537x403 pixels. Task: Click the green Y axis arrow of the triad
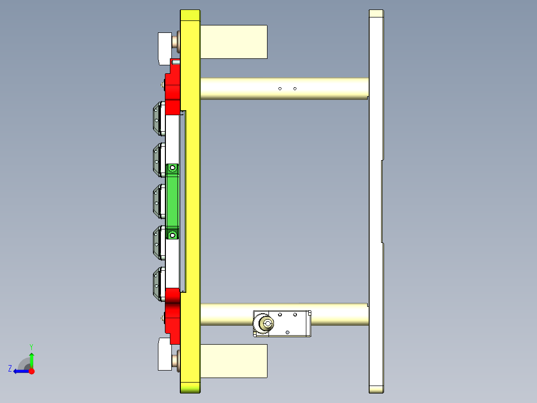click(31, 358)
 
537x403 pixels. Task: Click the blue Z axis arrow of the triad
click(19, 371)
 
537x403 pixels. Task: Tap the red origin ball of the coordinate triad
click(31, 371)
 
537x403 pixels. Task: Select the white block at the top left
click(164, 48)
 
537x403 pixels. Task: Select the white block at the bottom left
click(164, 354)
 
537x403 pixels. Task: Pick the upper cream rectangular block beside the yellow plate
click(233, 41)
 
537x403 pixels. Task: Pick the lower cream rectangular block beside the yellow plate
click(233, 361)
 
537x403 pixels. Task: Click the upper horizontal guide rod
click(324, 89)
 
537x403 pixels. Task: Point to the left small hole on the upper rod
click(280, 89)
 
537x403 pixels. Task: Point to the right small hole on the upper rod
click(295, 89)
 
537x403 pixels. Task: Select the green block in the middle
click(173, 201)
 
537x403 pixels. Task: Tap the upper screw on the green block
click(173, 168)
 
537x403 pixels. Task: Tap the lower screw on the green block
click(173, 234)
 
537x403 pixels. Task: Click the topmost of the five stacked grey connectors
click(159, 119)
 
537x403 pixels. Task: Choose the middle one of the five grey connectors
click(159, 201)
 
